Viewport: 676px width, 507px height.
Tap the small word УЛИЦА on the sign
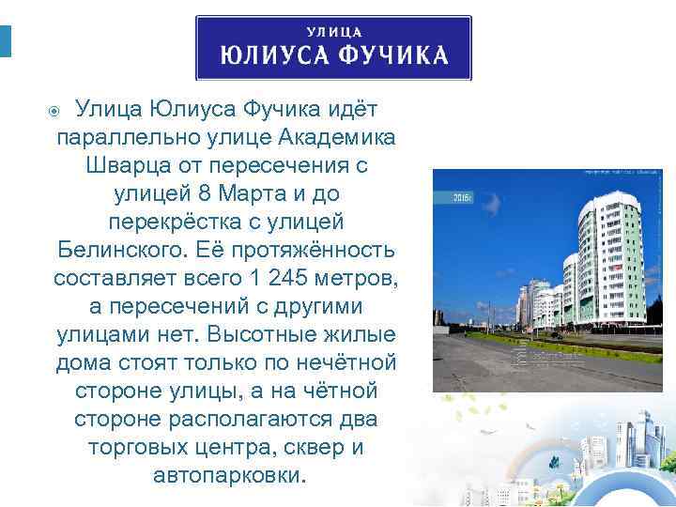(x=334, y=30)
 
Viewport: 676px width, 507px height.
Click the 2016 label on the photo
(x=461, y=198)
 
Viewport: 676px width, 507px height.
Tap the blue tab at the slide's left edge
(x=5, y=41)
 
